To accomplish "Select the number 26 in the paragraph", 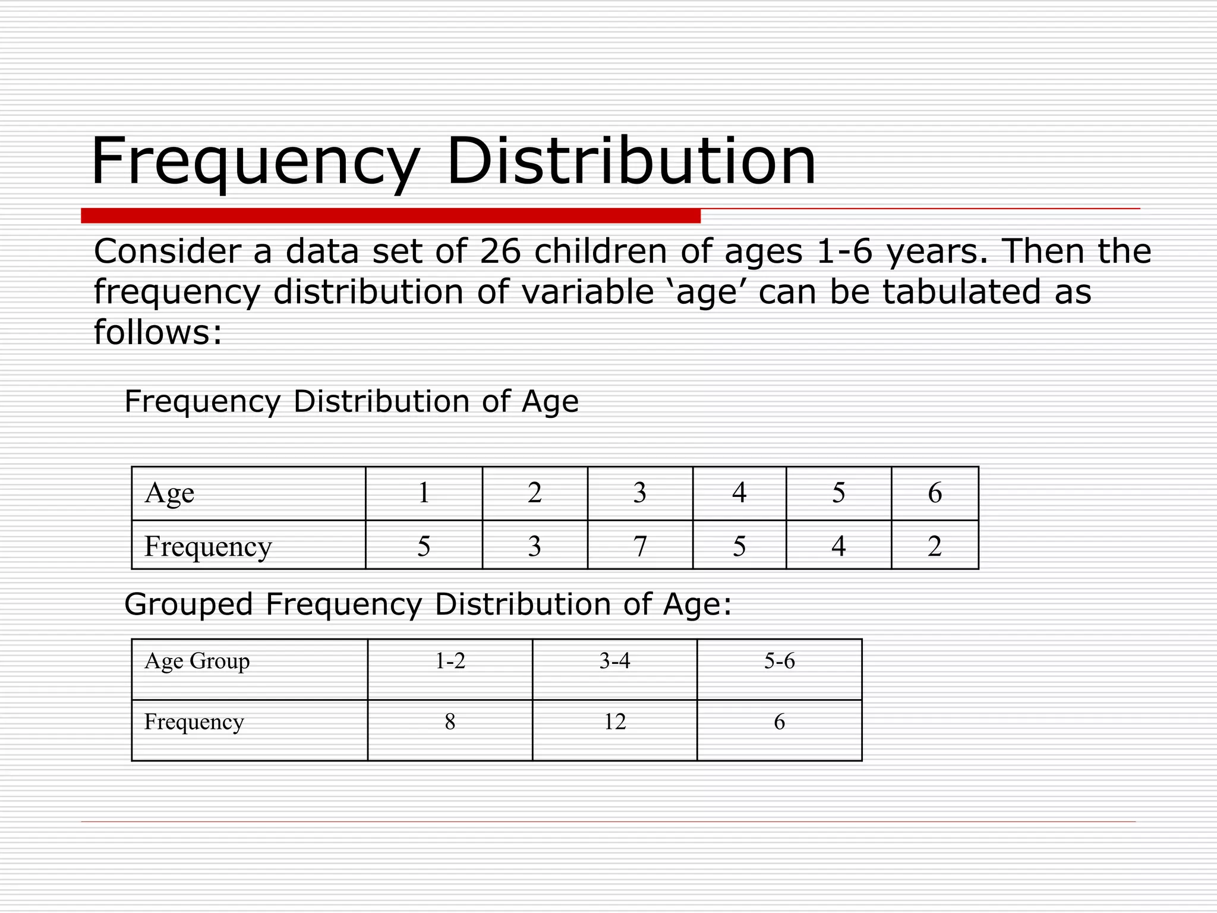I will tap(500, 251).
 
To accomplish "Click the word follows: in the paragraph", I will tap(157, 332).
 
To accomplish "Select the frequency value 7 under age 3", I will tap(640, 546).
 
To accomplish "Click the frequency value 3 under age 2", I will tap(535, 546).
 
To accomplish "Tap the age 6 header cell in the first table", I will tap(935, 493).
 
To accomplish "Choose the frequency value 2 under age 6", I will tap(935, 546).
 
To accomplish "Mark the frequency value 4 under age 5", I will tap(838, 546).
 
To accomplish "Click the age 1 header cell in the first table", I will tap(424, 493).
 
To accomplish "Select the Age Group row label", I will tap(197, 661).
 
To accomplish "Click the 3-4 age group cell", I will tap(614, 661).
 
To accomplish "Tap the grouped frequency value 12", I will tap(614, 722).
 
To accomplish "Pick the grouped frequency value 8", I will tap(450, 722).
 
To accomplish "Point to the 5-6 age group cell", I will tap(779, 661).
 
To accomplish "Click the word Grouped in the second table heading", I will tap(188, 605).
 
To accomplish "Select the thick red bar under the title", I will tap(390, 216).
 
